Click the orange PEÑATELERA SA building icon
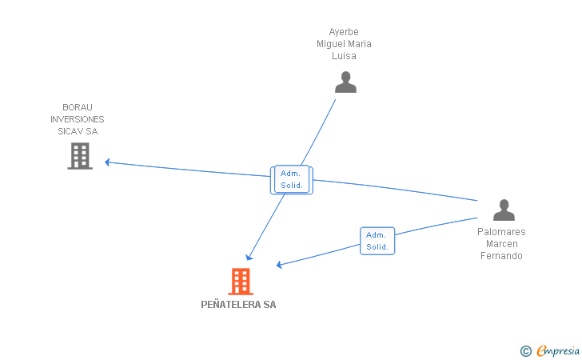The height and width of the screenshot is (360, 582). [x=240, y=281]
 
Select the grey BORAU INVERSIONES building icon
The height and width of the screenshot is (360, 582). [x=80, y=156]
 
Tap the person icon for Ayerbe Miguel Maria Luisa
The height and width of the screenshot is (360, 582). [x=345, y=82]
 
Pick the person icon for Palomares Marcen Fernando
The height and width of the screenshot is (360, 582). [x=504, y=210]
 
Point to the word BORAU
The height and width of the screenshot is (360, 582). [x=78, y=107]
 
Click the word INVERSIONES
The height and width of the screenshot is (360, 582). [x=78, y=119]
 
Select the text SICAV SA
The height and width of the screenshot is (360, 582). [x=78, y=131]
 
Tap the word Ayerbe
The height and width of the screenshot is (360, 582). [x=344, y=32]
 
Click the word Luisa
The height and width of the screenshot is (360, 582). [x=344, y=56]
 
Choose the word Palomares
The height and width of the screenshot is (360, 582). [x=501, y=232]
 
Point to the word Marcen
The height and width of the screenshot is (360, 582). [x=501, y=244]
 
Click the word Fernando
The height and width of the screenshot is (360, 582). [x=501, y=256]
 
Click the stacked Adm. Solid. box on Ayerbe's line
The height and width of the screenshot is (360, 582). [x=292, y=180]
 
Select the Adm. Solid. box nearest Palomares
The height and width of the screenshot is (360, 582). [x=377, y=241]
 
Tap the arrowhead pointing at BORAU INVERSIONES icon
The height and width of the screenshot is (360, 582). [x=108, y=162]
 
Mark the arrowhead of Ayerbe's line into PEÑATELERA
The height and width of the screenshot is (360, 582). [x=249, y=257]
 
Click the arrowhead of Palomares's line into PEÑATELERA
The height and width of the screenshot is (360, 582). [x=280, y=265]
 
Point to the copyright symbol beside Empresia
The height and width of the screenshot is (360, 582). [x=525, y=350]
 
